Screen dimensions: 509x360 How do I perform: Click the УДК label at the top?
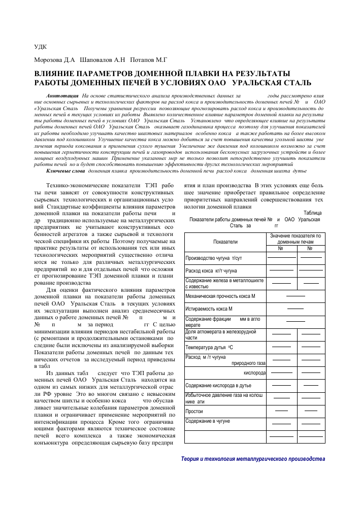pyautogui.click(x=41, y=46)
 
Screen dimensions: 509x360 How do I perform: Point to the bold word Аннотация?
pyautogui.click(x=61, y=95)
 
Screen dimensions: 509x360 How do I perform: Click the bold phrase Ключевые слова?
pyautogui.click(x=62, y=172)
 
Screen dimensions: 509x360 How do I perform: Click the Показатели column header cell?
pyautogui.click(x=226, y=242)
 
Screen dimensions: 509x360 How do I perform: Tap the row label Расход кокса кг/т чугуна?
pyautogui.click(x=211, y=271)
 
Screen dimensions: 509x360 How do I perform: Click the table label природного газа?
pyautogui.click(x=249, y=363)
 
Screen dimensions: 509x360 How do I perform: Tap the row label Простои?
pyautogui.click(x=194, y=411)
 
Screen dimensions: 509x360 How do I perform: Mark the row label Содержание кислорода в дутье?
pyautogui.click(x=218, y=386)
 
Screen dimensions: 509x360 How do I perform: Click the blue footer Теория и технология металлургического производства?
pyautogui.click(x=252, y=459)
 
